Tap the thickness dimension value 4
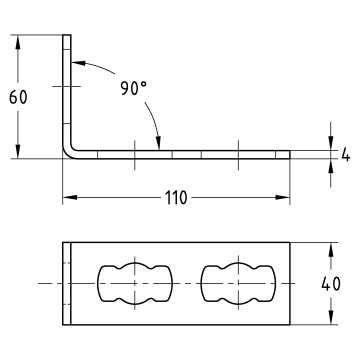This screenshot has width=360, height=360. [x=346, y=155]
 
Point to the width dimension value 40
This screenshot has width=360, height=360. [x=343, y=285]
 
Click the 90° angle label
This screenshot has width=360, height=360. [x=133, y=87]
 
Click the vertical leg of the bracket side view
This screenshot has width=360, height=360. [x=69, y=90]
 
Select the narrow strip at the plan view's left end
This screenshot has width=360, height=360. [x=69, y=283]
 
